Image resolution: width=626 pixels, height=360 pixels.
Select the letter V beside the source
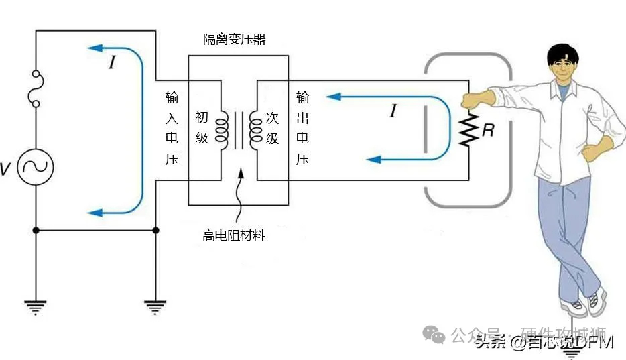5,169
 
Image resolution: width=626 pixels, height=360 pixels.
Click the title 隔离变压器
235,40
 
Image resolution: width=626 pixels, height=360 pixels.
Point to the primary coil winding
222,128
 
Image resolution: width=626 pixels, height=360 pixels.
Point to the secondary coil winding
255,128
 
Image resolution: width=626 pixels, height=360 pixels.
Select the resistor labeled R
468,131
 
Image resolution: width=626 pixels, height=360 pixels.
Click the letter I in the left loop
112,64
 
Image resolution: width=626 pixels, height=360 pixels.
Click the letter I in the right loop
393,111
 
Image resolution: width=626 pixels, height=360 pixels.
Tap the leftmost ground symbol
35,308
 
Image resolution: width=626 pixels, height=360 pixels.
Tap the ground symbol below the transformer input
155,308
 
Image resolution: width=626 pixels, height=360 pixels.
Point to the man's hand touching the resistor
477,100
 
